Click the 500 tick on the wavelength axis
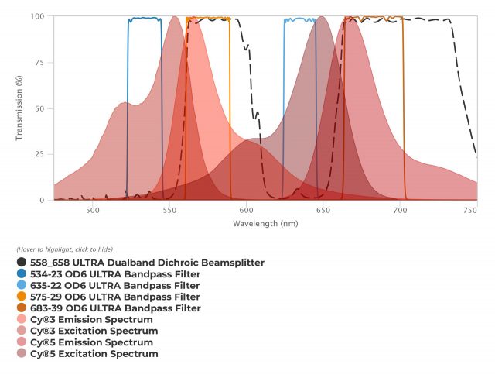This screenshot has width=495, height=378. tap(92, 209)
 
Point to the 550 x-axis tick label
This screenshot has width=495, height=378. tap(169, 209)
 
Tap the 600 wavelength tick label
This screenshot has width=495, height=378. tap(246, 209)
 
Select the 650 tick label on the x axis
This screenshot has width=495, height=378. tap(323, 209)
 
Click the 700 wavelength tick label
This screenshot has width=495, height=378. tap(399, 209)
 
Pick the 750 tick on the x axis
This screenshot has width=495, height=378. tap(470, 209)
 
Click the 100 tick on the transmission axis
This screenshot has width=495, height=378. tap(36, 16)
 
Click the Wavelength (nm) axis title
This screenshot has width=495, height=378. tap(265, 223)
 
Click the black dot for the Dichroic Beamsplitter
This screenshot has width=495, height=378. tap(21, 263)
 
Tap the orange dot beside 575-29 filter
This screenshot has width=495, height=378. tap(21, 297)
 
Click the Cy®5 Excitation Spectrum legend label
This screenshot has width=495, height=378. tap(94, 354)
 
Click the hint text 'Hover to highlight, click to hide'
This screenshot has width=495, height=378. tap(64, 249)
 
